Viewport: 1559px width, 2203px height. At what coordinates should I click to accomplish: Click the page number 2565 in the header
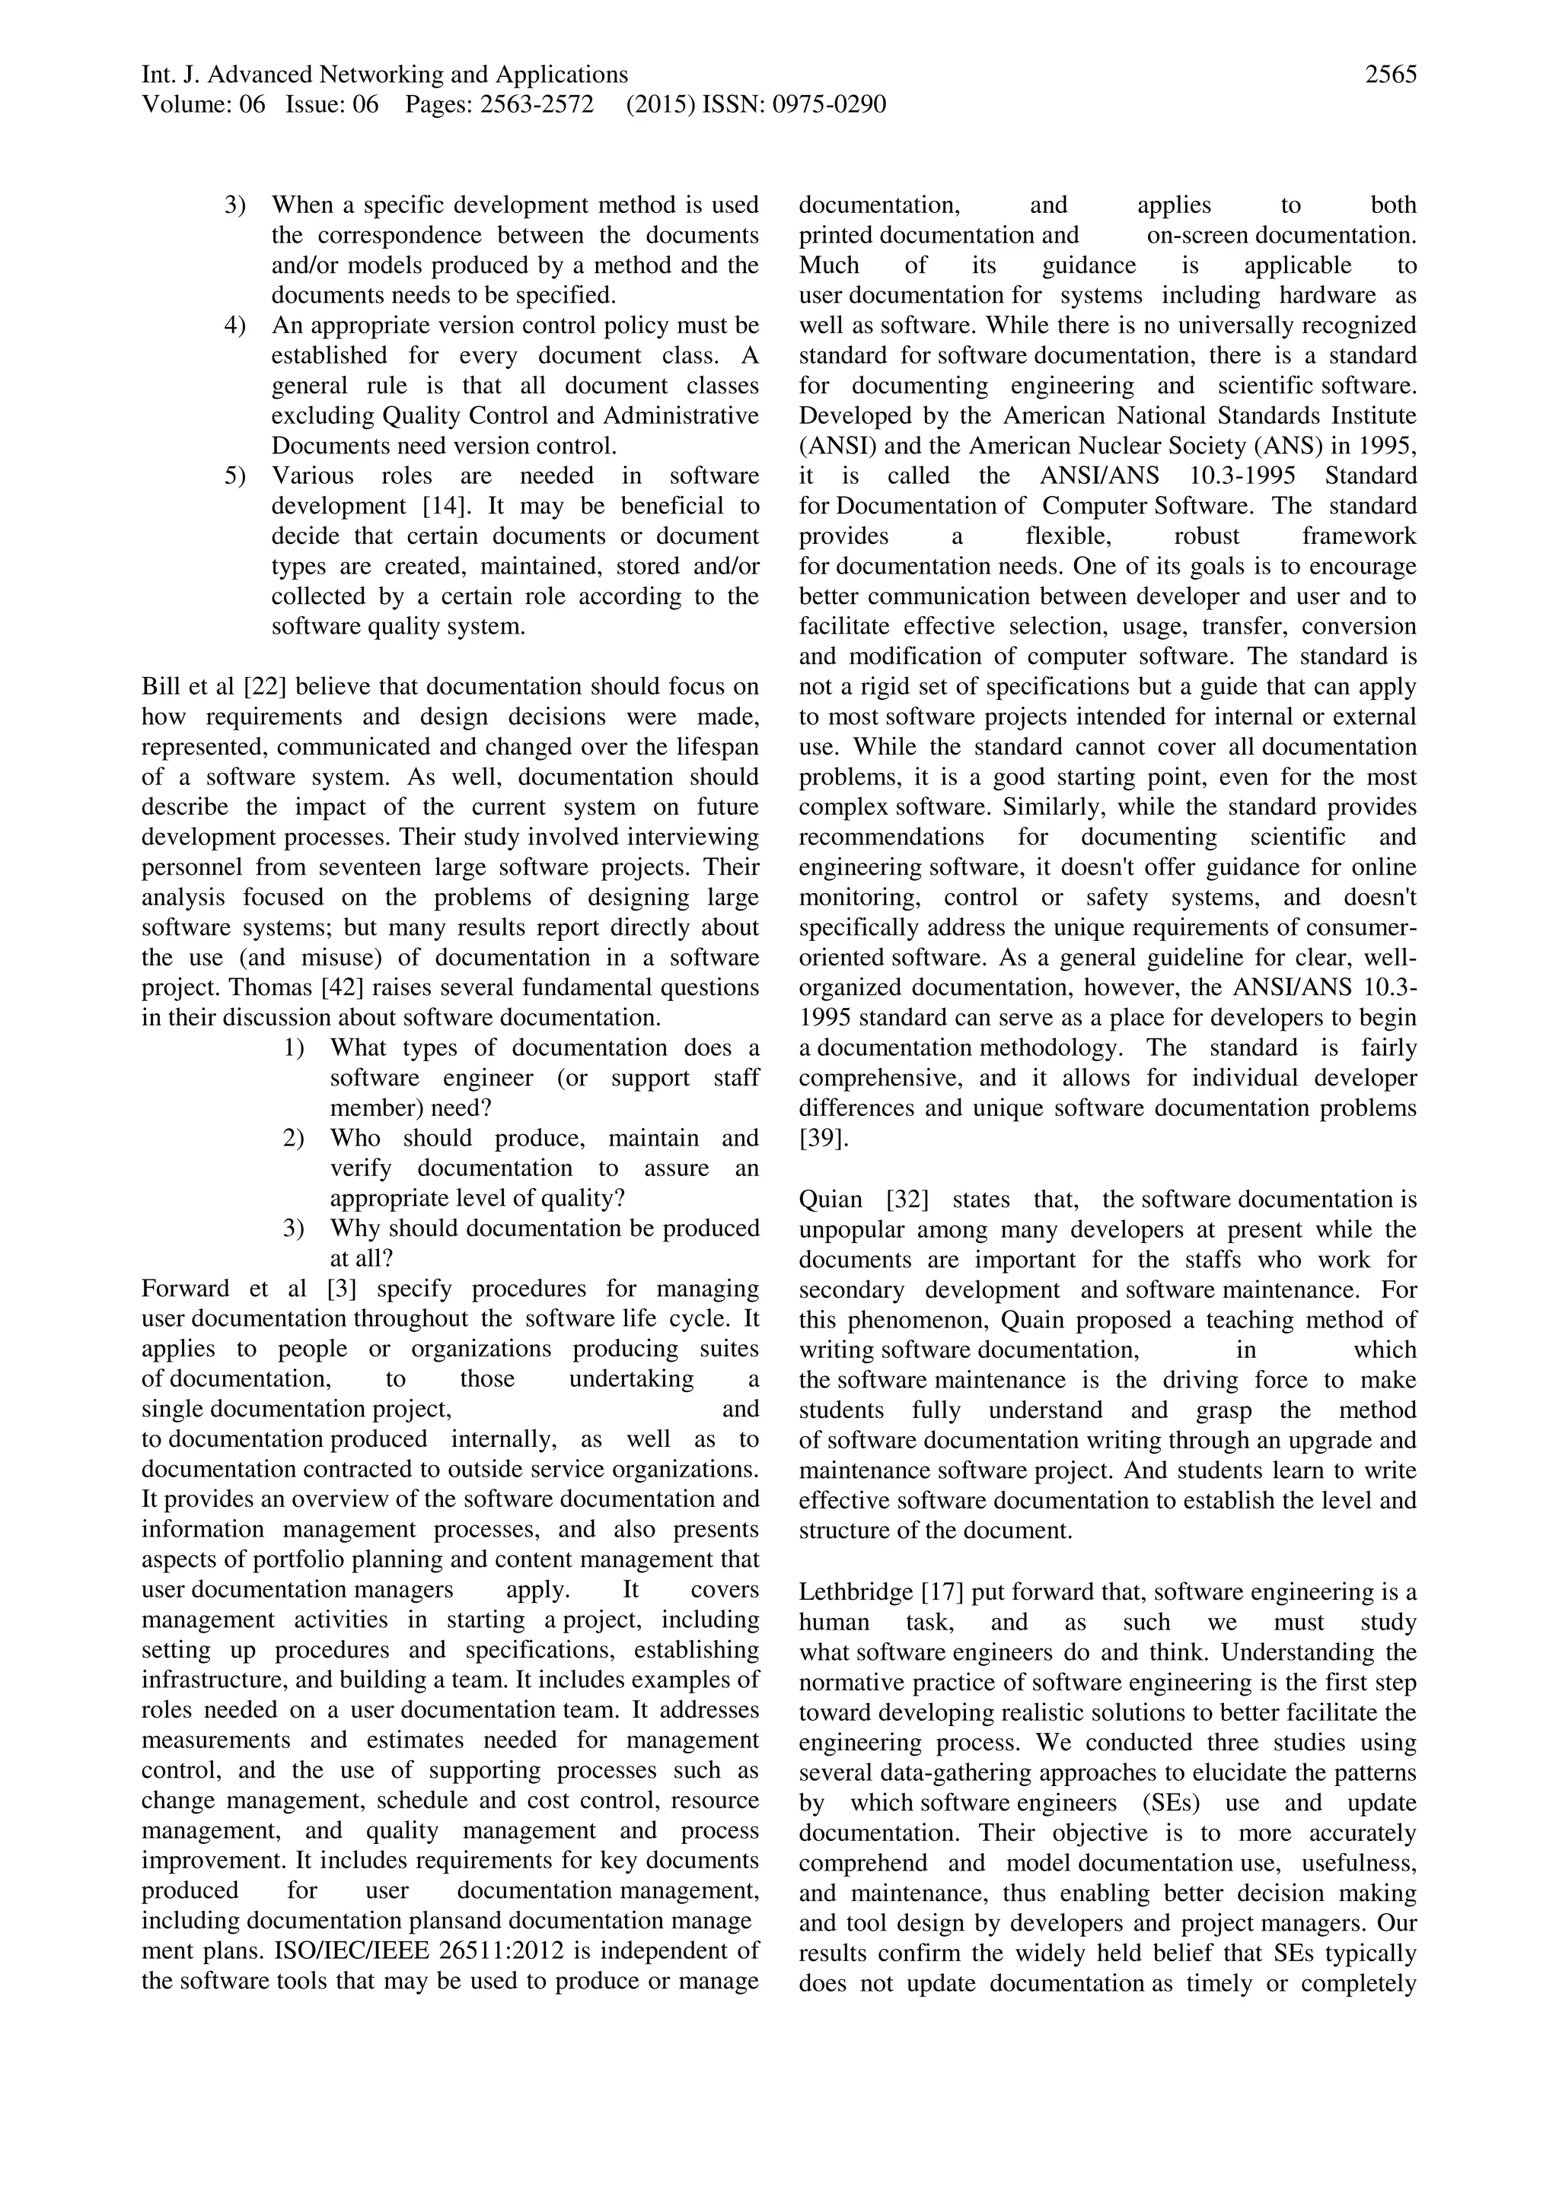(1390, 75)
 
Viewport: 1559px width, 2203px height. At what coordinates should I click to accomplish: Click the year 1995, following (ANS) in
(1383, 447)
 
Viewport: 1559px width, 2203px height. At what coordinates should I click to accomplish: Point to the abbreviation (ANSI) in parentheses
(834, 447)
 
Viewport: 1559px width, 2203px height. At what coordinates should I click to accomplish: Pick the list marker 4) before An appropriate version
(235, 326)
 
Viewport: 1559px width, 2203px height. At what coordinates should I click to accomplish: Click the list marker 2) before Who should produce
(293, 1138)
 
